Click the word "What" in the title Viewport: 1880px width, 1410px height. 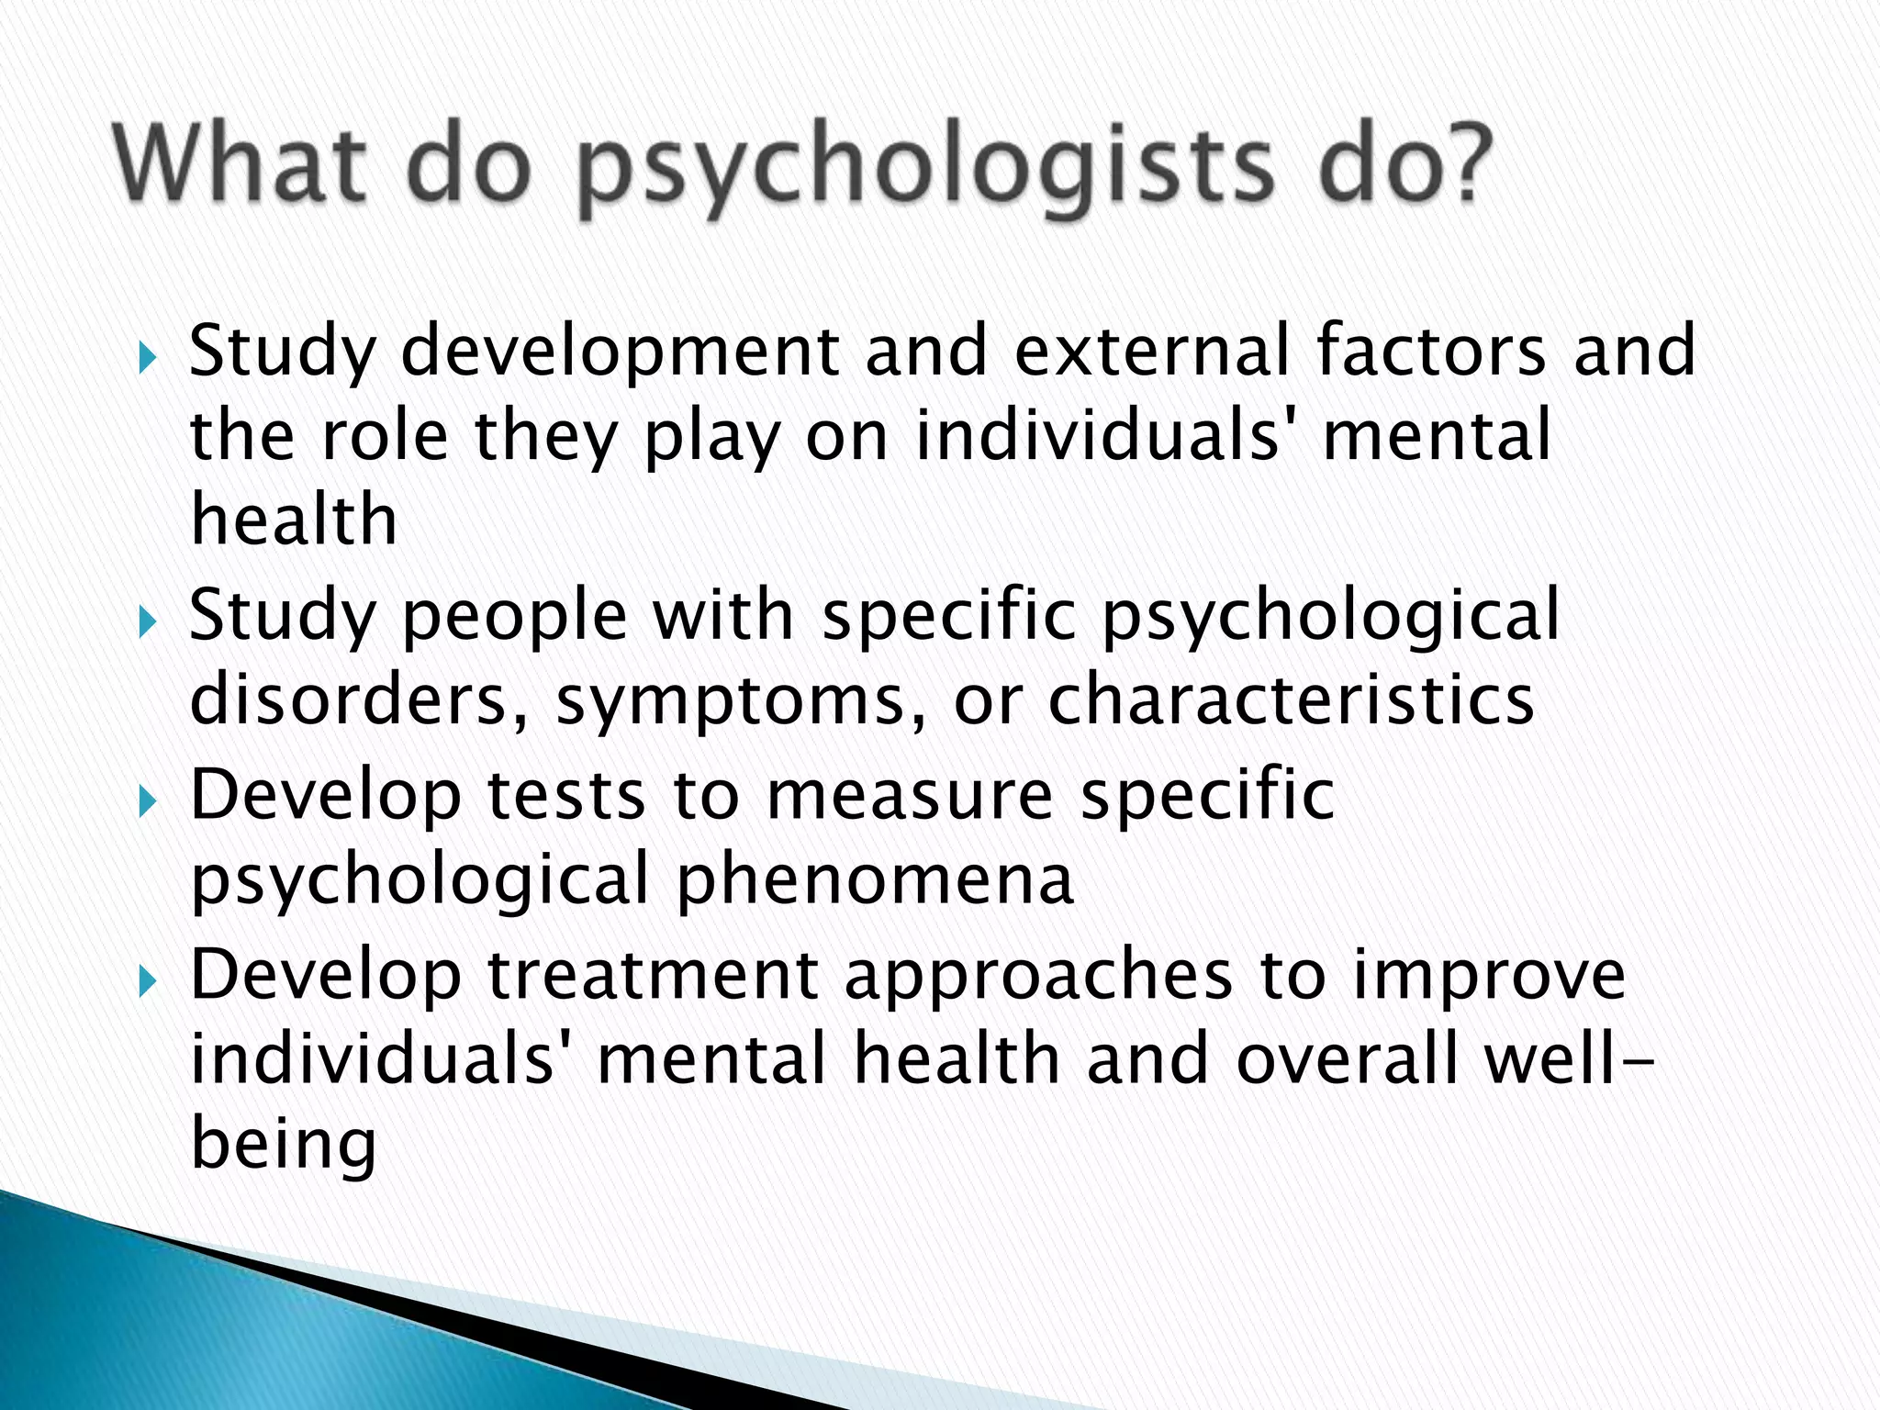point(240,165)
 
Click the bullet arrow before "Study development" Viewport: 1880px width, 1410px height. point(148,354)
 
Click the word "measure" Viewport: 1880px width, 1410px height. point(910,796)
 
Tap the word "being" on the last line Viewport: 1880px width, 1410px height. point(284,1147)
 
